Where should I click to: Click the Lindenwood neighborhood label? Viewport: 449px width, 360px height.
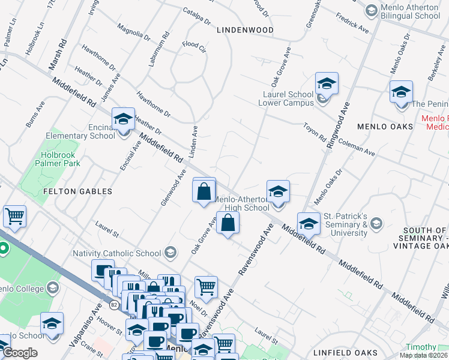pyautogui.click(x=245, y=29)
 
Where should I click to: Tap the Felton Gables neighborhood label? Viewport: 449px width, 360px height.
pyautogui.click(x=78, y=191)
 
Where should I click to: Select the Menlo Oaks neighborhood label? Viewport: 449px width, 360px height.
pyautogui.click(x=385, y=127)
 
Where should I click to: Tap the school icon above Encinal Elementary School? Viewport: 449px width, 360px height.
pyautogui.click(x=123, y=118)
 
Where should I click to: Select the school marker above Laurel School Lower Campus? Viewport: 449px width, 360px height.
pyautogui.click(x=327, y=83)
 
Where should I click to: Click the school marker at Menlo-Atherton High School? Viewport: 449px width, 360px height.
pyautogui.click(x=278, y=191)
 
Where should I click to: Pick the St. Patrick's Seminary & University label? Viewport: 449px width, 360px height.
pyautogui.click(x=345, y=224)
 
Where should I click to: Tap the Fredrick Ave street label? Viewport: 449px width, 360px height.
pyautogui.click(x=352, y=23)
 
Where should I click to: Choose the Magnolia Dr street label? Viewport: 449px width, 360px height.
pyautogui.click(x=134, y=32)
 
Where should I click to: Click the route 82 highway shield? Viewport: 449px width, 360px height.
pyautogui.click(x=113, y=304)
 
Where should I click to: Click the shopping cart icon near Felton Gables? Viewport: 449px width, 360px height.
pyautogui.click(x=14, y=216)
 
